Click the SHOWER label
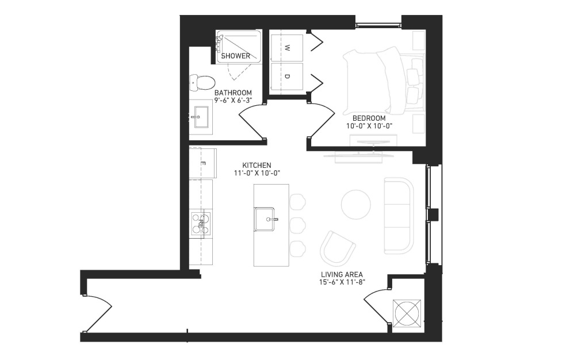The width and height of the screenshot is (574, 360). (236, 56)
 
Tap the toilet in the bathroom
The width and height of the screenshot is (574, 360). (202, 83)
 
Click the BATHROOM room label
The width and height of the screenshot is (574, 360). (233, 93)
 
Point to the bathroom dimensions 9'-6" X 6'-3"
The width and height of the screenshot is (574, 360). (233, 100)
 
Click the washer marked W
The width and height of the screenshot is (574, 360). (286, 47)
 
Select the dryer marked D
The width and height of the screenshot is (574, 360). (286, 76)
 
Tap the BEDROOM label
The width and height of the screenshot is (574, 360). (369, 118)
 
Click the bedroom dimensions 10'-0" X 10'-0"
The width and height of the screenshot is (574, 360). (369, 126)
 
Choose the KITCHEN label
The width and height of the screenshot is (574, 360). (257, 166)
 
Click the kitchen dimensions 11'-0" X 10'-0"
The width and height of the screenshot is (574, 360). (257, 173)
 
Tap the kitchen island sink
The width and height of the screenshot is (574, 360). (265, 219)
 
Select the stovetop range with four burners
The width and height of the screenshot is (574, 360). (201, 223)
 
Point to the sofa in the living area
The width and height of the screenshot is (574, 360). (399, 216)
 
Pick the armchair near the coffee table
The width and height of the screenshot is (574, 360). (337, 250)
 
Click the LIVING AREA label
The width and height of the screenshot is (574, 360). (342, 274)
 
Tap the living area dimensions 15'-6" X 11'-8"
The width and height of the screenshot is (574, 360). (342, 282)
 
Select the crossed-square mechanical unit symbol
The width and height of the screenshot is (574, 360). (406, 313)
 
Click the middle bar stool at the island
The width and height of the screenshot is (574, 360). (297, 224)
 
